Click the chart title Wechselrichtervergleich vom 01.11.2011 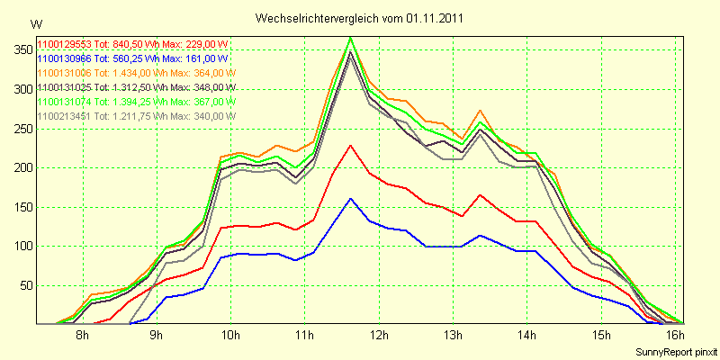point(360,18)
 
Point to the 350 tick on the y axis point(21,49)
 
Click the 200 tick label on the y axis point(21,167)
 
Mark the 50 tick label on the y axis point(24,285)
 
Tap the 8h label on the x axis point(82,336)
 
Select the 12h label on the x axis point(378,336)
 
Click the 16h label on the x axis point(675,336)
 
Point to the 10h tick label point(230,336)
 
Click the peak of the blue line point(351,198)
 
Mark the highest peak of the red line point(351,145)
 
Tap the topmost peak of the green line point(351,37)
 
